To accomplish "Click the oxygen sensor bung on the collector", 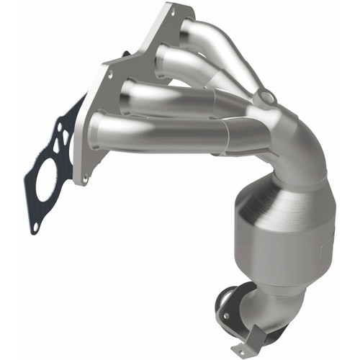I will [266, 97].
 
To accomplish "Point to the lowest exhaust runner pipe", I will [158, 133].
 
